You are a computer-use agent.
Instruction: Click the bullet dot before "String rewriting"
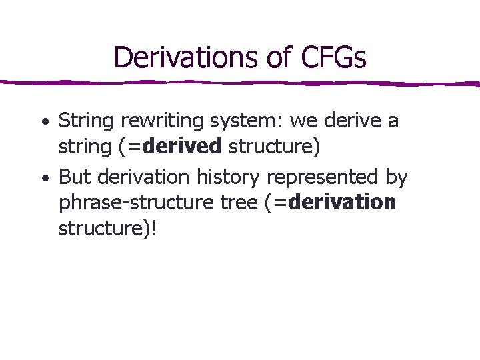43,123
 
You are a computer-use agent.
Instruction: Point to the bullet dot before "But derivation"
43,179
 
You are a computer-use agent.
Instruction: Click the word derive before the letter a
353,121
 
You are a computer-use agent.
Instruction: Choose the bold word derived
182,146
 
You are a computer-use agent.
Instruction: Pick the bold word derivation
344,202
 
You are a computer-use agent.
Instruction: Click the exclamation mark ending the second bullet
156,229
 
